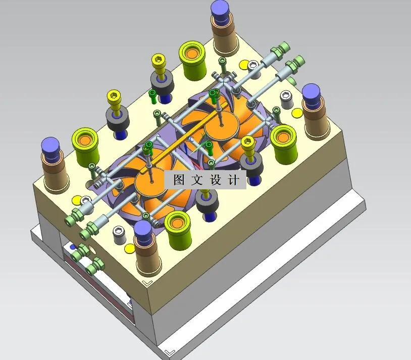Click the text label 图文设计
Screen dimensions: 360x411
point(206,180)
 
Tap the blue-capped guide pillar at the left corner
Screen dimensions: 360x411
point(51,146)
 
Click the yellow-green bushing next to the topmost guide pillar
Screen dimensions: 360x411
point(192,53)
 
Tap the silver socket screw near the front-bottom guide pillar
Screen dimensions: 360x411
point(119,232)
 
